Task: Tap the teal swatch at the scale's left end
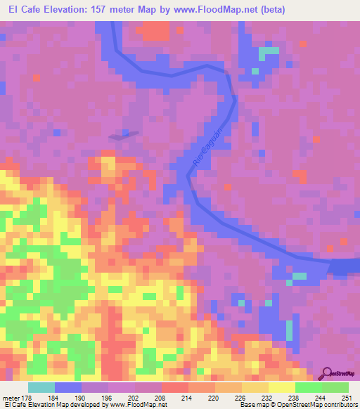click(41, 388)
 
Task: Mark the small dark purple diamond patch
click(124, 135)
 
